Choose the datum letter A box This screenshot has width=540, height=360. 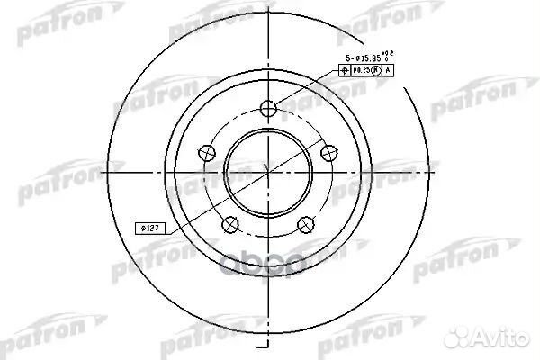click(388, 70)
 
